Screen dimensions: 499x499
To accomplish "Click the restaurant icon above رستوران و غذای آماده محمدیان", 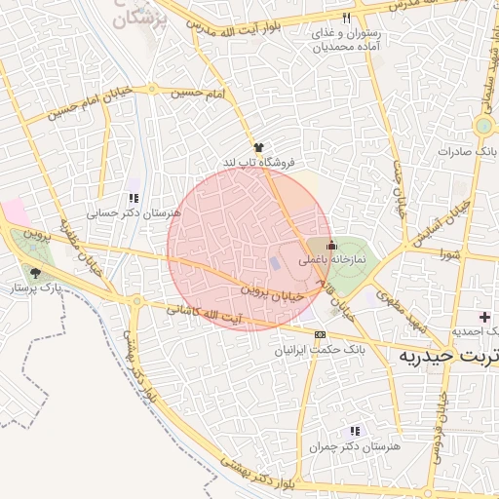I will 347,19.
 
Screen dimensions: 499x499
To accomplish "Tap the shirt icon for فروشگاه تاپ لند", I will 258,146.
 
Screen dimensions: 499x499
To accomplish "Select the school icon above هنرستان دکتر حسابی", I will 134,197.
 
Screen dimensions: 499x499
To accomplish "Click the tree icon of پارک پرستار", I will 37,274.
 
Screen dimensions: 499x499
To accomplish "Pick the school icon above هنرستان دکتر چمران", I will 355,430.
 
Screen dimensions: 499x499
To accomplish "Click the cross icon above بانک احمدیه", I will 485,317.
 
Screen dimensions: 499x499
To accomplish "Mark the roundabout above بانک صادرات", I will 483,126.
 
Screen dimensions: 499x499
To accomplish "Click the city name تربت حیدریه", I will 449,357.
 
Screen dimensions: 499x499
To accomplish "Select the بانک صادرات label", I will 468,151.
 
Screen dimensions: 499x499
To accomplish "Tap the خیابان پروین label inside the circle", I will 268,288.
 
